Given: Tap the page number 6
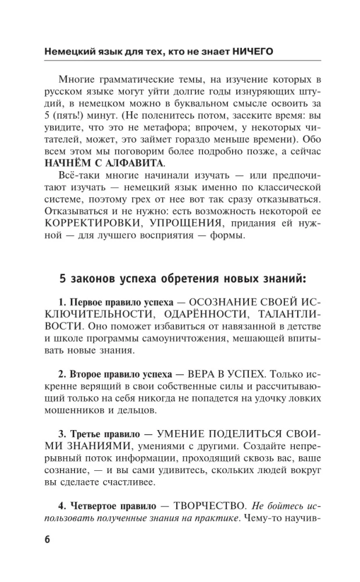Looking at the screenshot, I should pyautogui.click(x=48, y=538).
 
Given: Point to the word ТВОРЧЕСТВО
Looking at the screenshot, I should pyautogui.click(x=204, y=502).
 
